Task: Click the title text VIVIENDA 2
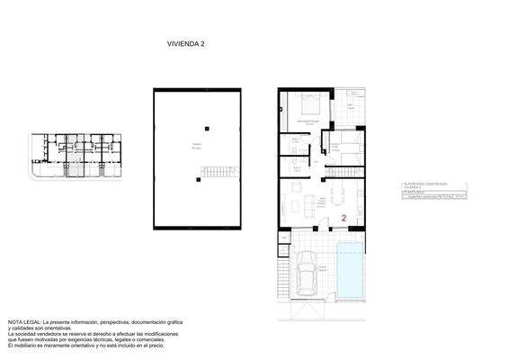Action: [x=186, y=42]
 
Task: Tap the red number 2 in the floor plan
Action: [x=344, y=217]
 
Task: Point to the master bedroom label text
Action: [x=308, y=121]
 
